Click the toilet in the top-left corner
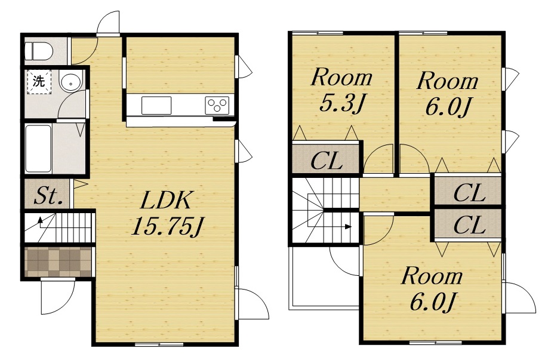(39, 51)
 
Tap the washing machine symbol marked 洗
(39, 82)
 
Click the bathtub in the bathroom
(38, 149)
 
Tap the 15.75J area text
(167, 226)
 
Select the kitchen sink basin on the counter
(156, 105)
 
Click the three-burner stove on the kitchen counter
(217, 105)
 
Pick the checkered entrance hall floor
(58, 262)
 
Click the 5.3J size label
(343, 103)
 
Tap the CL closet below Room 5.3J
(327, 161)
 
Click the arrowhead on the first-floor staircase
(41, 220)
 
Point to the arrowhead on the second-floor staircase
(348, 226)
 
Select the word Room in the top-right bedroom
(447, 81)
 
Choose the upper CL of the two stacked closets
(469, 192)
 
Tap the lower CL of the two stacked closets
(469, 224)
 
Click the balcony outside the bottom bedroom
(325, 278)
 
